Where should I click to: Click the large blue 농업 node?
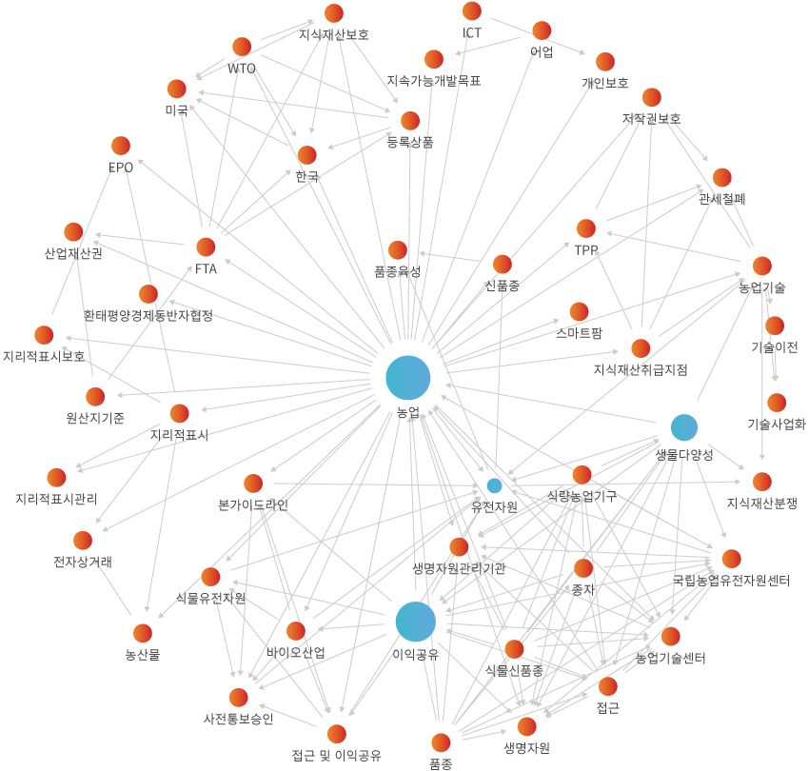(408, 378)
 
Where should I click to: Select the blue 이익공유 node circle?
(416, 622)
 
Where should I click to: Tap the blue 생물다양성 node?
(684, 427)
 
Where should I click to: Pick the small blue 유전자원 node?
(495, 485)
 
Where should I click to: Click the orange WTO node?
(242, 47)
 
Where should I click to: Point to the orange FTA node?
(206, 247)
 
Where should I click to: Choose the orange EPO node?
(121, 146)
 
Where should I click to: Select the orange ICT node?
(472, 11)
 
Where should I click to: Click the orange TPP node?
(585, 228)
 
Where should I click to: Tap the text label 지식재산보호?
(333, 35)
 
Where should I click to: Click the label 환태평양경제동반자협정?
(148, 315)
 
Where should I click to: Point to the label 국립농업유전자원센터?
(731, 580)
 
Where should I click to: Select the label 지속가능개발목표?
(434, 81)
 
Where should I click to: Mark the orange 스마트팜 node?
(580, 311)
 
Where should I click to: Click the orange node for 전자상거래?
(83, 541)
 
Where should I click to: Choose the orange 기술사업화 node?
(777, 403)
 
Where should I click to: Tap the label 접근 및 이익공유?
(336, 756)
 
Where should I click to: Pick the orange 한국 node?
(306, 155)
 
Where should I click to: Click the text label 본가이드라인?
(252, 505)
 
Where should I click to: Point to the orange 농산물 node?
(142, 633)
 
